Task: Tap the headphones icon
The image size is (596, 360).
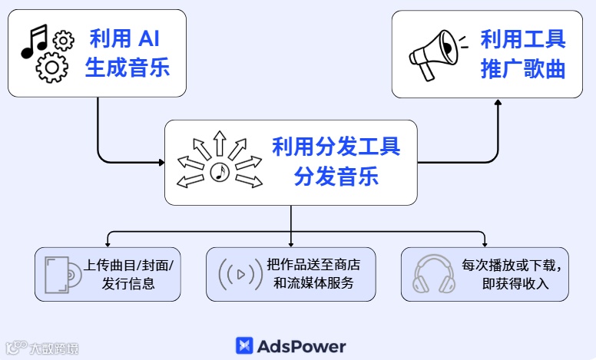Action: click(x=435, y=273)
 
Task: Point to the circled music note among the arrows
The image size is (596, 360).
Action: click(x=220, y=173)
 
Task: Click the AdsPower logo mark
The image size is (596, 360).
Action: click(x=244, y=346)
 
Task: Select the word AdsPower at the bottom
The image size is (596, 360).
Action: click(x=302, y=346)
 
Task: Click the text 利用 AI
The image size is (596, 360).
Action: click(x=127, y=38)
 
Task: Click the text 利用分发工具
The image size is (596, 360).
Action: click(x=336, y=146)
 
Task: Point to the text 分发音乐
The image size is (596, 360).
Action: click(x=336, y=177)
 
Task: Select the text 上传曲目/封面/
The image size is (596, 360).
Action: click(x=128, y=265)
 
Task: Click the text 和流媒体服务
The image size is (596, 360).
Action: click(x=313, y=283)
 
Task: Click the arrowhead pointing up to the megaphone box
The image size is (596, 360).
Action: click(x=498, y=102)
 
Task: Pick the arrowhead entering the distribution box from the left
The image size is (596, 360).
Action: click(x=161, y=162)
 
